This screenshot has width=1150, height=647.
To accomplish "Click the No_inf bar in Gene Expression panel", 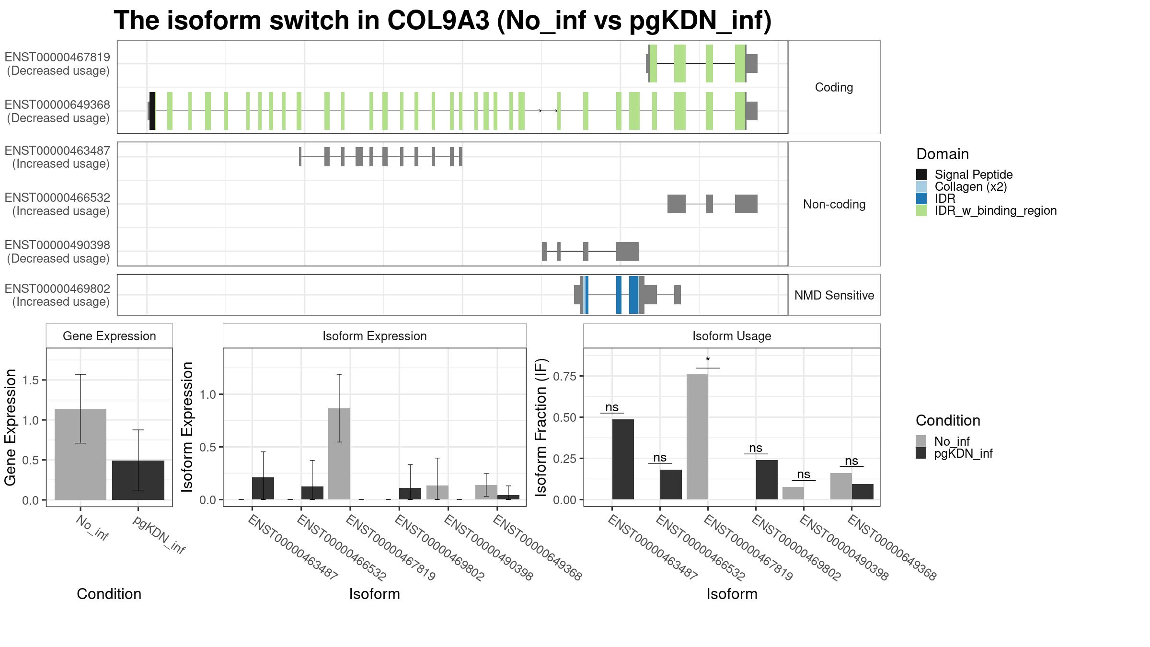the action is click(80, 454).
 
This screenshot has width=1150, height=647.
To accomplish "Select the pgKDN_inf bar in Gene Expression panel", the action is click(138, 480).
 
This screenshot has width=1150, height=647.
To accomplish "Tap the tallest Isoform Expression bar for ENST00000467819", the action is click(339, 454).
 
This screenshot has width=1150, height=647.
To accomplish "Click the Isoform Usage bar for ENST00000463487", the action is click(623, 460).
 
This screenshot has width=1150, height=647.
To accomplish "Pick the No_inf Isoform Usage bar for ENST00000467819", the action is click(697, 437).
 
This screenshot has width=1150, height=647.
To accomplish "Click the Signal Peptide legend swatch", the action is click(921, 174).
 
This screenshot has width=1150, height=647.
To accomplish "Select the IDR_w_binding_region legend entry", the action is click(986, 210).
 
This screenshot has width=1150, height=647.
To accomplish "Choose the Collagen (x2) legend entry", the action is click(961, 186).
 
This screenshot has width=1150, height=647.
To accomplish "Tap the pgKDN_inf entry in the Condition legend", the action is click(954, 453).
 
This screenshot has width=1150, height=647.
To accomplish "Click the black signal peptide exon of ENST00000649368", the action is click(152, 111).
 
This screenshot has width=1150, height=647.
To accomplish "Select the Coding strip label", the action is click(834, 87).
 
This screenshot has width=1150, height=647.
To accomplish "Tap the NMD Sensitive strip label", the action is click(834, 295).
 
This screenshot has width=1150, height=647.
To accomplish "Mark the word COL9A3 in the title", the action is click(438, 21).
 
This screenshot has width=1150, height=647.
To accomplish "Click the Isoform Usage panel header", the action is click(732, 336).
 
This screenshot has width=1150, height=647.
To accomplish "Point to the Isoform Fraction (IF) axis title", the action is click(541, 427).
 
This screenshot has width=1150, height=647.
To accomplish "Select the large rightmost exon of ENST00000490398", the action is click(627, 252).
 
